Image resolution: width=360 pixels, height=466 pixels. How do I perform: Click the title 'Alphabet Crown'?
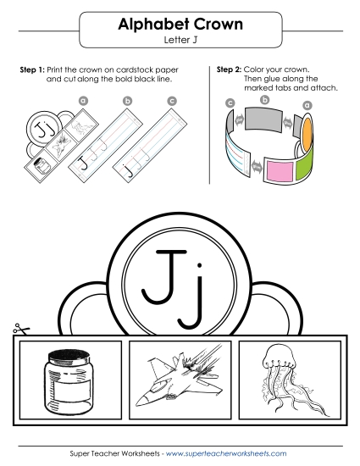tap(180, 25)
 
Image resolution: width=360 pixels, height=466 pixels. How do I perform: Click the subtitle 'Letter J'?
tap(180, 40)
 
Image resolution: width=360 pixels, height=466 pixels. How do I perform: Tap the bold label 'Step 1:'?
tap(32, 68)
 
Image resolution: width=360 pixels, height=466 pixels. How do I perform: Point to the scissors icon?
tap(17, 330)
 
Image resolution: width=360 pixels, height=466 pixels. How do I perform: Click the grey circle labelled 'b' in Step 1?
tap(128, 101)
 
